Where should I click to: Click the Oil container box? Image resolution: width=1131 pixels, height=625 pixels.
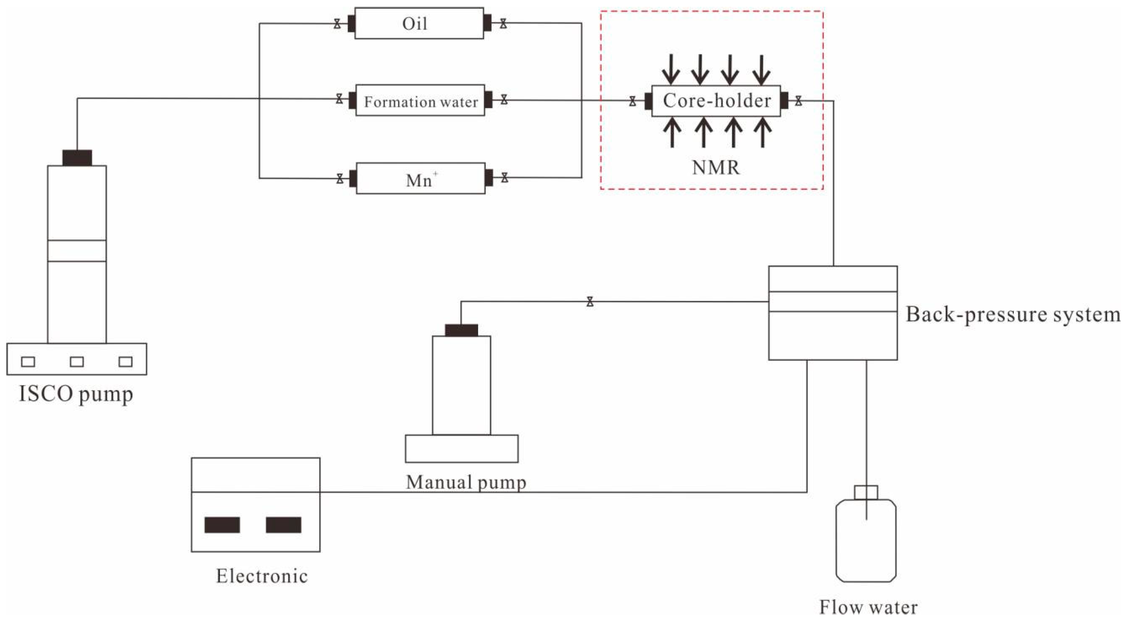tap(419, 23)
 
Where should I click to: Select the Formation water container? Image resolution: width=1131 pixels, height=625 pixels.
tap(420, 101)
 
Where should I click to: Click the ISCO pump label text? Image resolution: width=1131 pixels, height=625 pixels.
tap(76, 394)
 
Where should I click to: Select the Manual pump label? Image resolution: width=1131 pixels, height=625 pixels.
tap(465, 482)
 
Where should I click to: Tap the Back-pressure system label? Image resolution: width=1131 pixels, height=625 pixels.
tap(1013, 315)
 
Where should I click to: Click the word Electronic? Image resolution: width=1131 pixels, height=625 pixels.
tap(262, 576)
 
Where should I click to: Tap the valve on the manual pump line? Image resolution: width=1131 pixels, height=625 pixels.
tap(590, 302)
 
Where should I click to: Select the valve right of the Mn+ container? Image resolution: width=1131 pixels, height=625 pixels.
tap(505, 178)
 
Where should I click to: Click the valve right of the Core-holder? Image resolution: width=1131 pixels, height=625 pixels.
tap(798, 101)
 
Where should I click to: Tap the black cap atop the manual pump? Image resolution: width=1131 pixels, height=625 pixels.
tap(461, 330)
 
